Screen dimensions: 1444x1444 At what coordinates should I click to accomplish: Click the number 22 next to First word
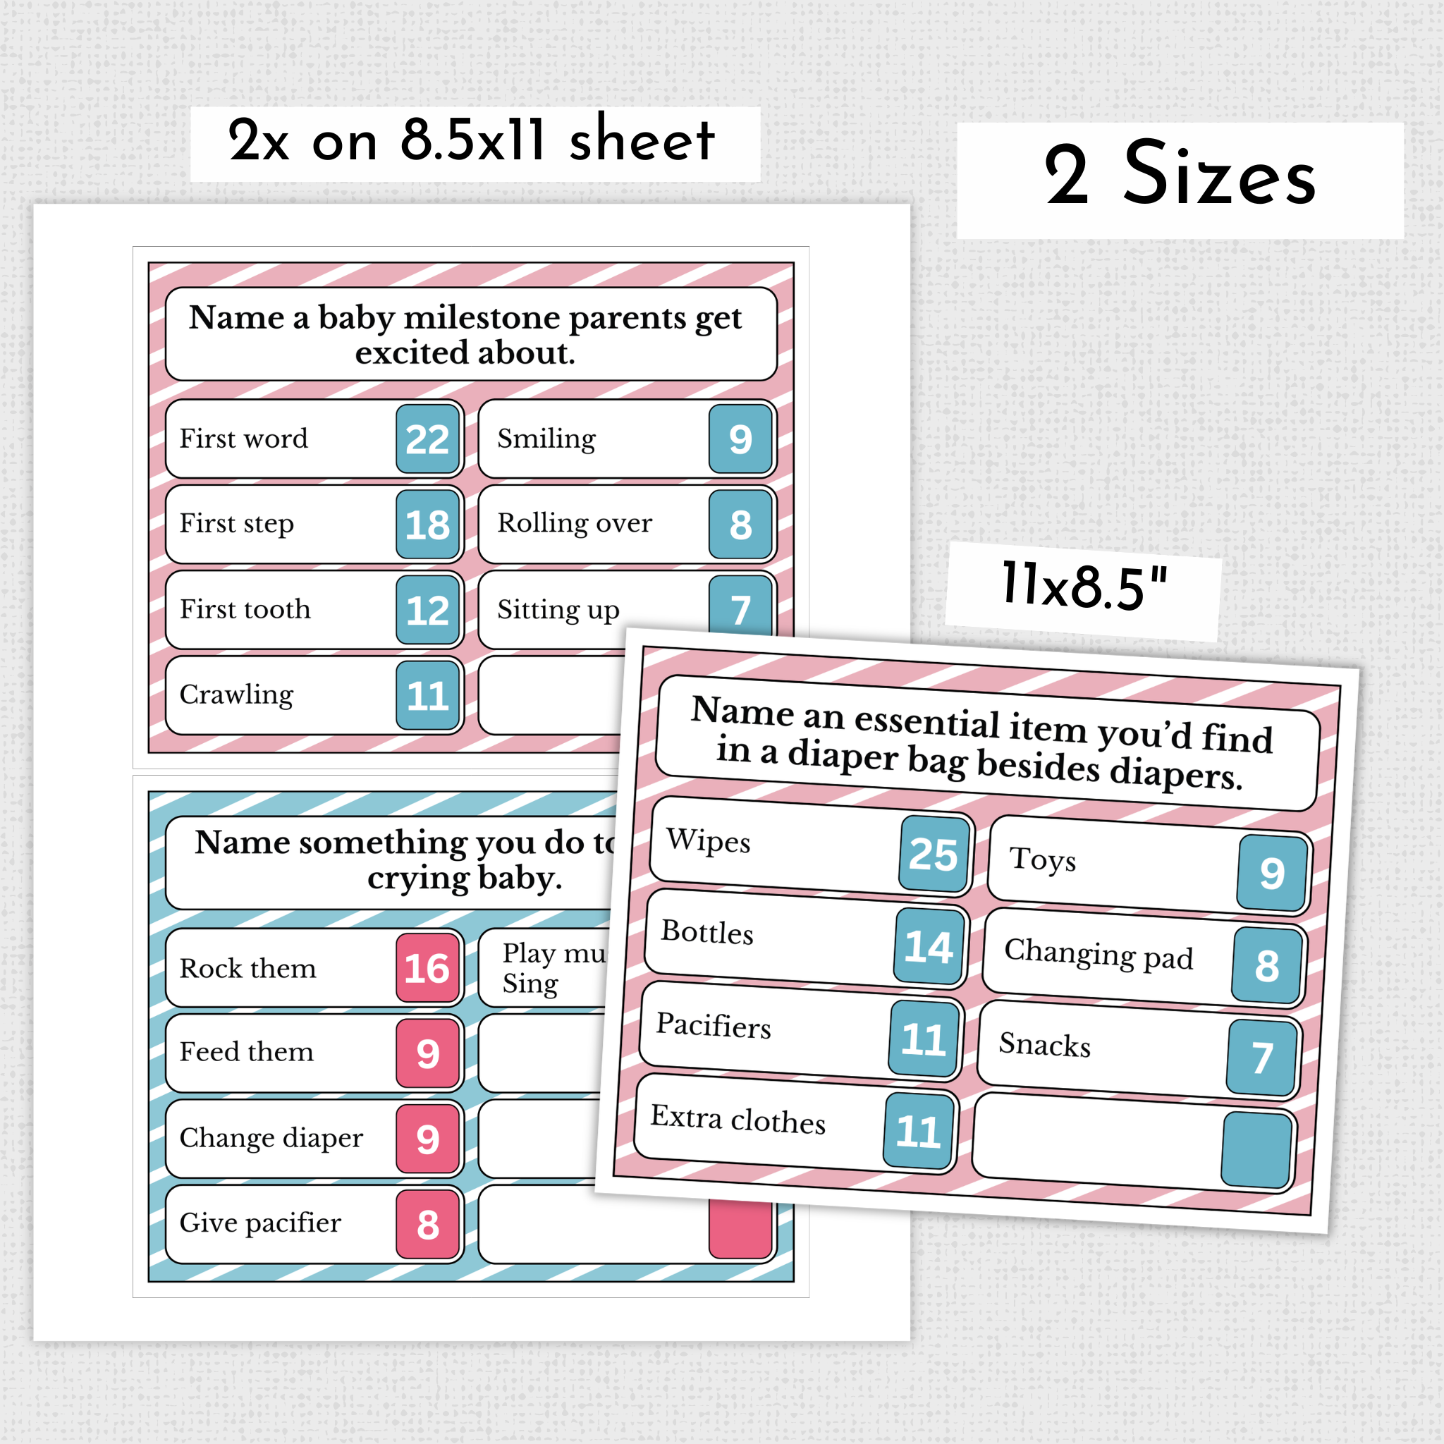[x=427, y=439]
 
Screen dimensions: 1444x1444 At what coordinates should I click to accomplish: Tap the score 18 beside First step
[x=427, y=524]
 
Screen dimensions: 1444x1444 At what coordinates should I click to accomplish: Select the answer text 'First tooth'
[x=245, y=609]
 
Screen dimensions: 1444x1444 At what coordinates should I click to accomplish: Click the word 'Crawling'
[x=237, y=695]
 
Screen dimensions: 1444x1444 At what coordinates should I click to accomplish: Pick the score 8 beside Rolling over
[x=740, y=524]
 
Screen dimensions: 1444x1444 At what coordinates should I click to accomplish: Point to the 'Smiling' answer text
[x=546, y=439]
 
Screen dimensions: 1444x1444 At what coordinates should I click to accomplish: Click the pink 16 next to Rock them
[x=427, y=968]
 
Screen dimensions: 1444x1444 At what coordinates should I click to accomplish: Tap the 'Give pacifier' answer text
[x=260, y=1223]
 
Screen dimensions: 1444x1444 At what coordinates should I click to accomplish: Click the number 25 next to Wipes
[x=934, y=854]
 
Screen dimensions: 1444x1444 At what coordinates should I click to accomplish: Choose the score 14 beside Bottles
[x=929, y=947]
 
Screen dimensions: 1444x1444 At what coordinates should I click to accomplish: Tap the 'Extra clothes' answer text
[x=738, y=1119]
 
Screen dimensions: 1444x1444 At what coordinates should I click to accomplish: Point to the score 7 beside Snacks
[x=1262, y=1058]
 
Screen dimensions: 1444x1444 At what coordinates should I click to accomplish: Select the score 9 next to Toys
[x=1272, y=872]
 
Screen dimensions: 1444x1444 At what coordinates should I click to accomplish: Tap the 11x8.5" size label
[x=1084, y=587]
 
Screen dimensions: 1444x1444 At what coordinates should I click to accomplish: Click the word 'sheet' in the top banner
[x=642, y=140]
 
